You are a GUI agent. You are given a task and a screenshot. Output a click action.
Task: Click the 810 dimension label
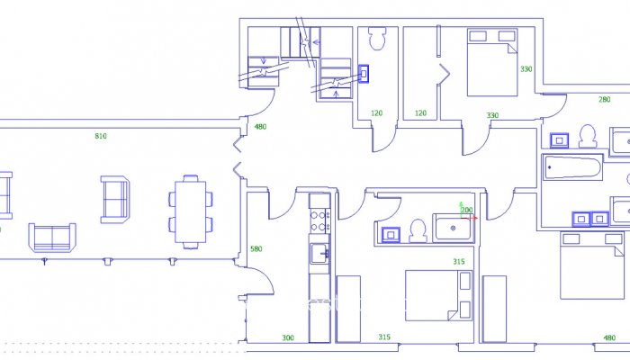101,136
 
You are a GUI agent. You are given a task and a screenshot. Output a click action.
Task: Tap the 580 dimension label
256,249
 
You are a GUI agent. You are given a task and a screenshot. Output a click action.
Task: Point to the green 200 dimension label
466,210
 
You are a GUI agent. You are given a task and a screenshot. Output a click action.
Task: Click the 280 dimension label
604,100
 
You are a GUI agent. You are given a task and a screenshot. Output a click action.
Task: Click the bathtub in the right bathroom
571,168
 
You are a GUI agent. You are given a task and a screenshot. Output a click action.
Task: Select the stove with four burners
320,216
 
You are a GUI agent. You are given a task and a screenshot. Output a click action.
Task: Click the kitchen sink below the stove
319,254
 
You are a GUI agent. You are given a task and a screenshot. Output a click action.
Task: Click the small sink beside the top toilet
364,73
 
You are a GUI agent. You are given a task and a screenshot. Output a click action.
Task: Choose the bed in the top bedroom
492,62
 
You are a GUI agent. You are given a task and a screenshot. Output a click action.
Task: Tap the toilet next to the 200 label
418,231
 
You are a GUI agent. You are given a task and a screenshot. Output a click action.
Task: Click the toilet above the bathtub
589,136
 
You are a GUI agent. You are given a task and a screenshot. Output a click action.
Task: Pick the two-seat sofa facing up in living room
52,237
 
